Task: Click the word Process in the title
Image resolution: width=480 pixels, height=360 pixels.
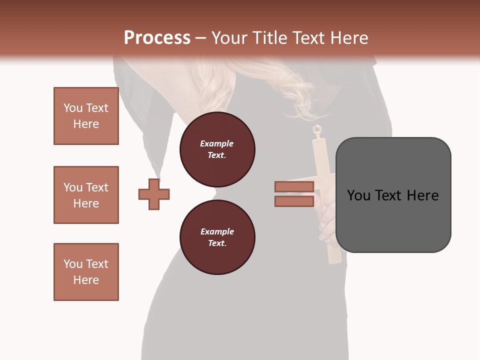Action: click(157, 38)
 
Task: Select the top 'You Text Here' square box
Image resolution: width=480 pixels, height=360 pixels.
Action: click(86, 116)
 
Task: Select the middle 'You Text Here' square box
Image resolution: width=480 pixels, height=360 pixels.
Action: click(86, 195)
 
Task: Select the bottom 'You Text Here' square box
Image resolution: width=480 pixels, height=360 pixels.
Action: click(86, 272)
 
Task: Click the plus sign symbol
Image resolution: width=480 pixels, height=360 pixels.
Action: click(154, 194)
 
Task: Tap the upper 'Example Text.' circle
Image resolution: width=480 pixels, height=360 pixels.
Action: click(217, 149)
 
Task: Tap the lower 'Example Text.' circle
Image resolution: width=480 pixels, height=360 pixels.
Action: click(217, 237)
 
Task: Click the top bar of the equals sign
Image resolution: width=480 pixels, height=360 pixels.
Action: click(294, 187)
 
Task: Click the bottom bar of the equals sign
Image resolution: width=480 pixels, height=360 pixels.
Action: click(294, 201)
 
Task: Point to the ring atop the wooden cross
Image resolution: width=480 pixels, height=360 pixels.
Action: click(317, 131)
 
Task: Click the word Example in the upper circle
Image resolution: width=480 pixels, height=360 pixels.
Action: click(217, 143)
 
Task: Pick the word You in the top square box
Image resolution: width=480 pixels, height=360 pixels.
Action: click(72, 108)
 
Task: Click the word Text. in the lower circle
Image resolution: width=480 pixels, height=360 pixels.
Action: click(217, 243)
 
